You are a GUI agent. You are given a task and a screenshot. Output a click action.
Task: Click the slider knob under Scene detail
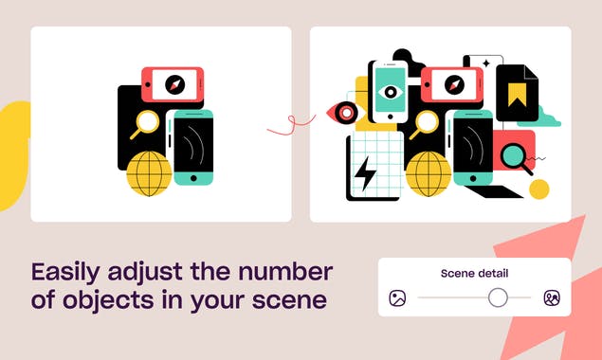[498, 297]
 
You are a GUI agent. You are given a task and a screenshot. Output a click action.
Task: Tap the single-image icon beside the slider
[397, 297]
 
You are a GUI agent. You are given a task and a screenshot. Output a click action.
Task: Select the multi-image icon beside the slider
[552, 297]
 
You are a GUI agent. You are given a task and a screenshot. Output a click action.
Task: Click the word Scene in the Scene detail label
[457, 274]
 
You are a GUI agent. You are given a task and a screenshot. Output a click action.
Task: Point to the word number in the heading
[285, 272]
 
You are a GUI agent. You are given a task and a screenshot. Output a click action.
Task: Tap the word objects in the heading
[108, 300]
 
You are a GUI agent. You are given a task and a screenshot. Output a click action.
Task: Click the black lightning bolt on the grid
[365, 173]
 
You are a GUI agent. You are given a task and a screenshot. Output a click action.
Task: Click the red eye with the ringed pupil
[344, 113]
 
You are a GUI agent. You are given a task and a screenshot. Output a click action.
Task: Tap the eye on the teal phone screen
[391, 92]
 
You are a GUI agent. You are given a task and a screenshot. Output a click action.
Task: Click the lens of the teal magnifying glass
[513, 155]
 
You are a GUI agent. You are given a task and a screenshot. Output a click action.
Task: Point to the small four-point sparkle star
[486, 63]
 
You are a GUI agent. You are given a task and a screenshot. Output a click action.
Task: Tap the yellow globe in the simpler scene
[149, 173]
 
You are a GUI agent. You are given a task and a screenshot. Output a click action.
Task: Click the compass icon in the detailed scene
[454, 84]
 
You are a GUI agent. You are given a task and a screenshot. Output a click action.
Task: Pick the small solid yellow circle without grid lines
[539, 189]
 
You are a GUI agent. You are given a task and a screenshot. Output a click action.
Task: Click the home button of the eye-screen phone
[391, 117]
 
